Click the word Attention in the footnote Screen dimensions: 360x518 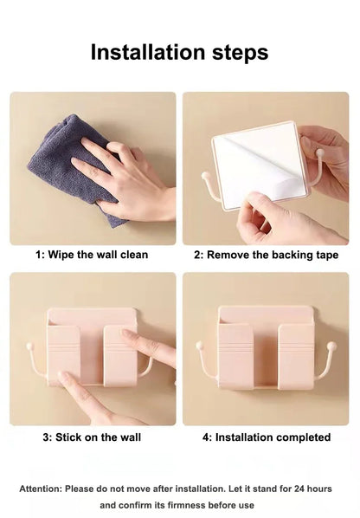click(x=41, y=489)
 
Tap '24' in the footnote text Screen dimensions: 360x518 click(x=299, y=489)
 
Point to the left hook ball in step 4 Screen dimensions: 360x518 click(x=200, y=346)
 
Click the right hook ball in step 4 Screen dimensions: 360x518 click(x=332, y=346)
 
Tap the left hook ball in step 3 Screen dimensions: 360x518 click(x=29, y=346)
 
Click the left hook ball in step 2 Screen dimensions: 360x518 click(x=205, y=176)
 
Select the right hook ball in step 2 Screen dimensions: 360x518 click(x=319, y=152)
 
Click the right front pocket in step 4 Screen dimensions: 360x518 click(x=295, y=356)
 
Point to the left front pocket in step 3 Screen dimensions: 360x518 click(x=64, y=355)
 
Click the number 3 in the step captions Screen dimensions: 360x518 click(x=46, y=437)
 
